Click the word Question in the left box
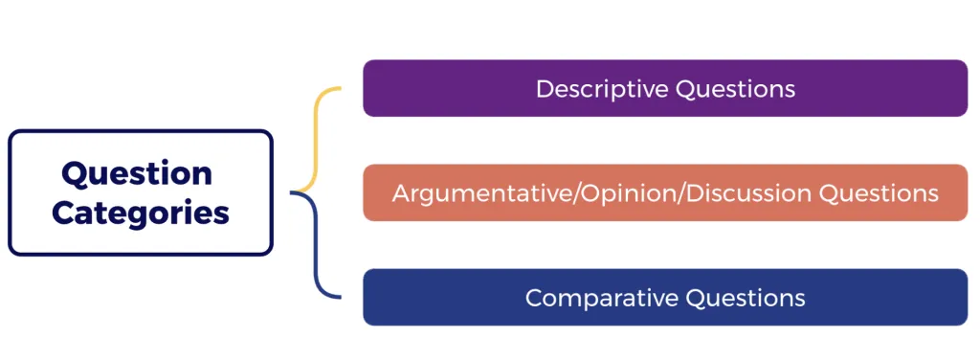pos(137,174)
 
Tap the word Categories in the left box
pos(141,212)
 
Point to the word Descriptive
pos(601,89)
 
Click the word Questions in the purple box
pos(735,89)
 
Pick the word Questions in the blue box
pos(745,298)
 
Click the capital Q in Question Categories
pos(73,174)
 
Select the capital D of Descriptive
pos(544,89)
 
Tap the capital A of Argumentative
pos(400,193)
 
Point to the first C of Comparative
pos(534,298)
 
